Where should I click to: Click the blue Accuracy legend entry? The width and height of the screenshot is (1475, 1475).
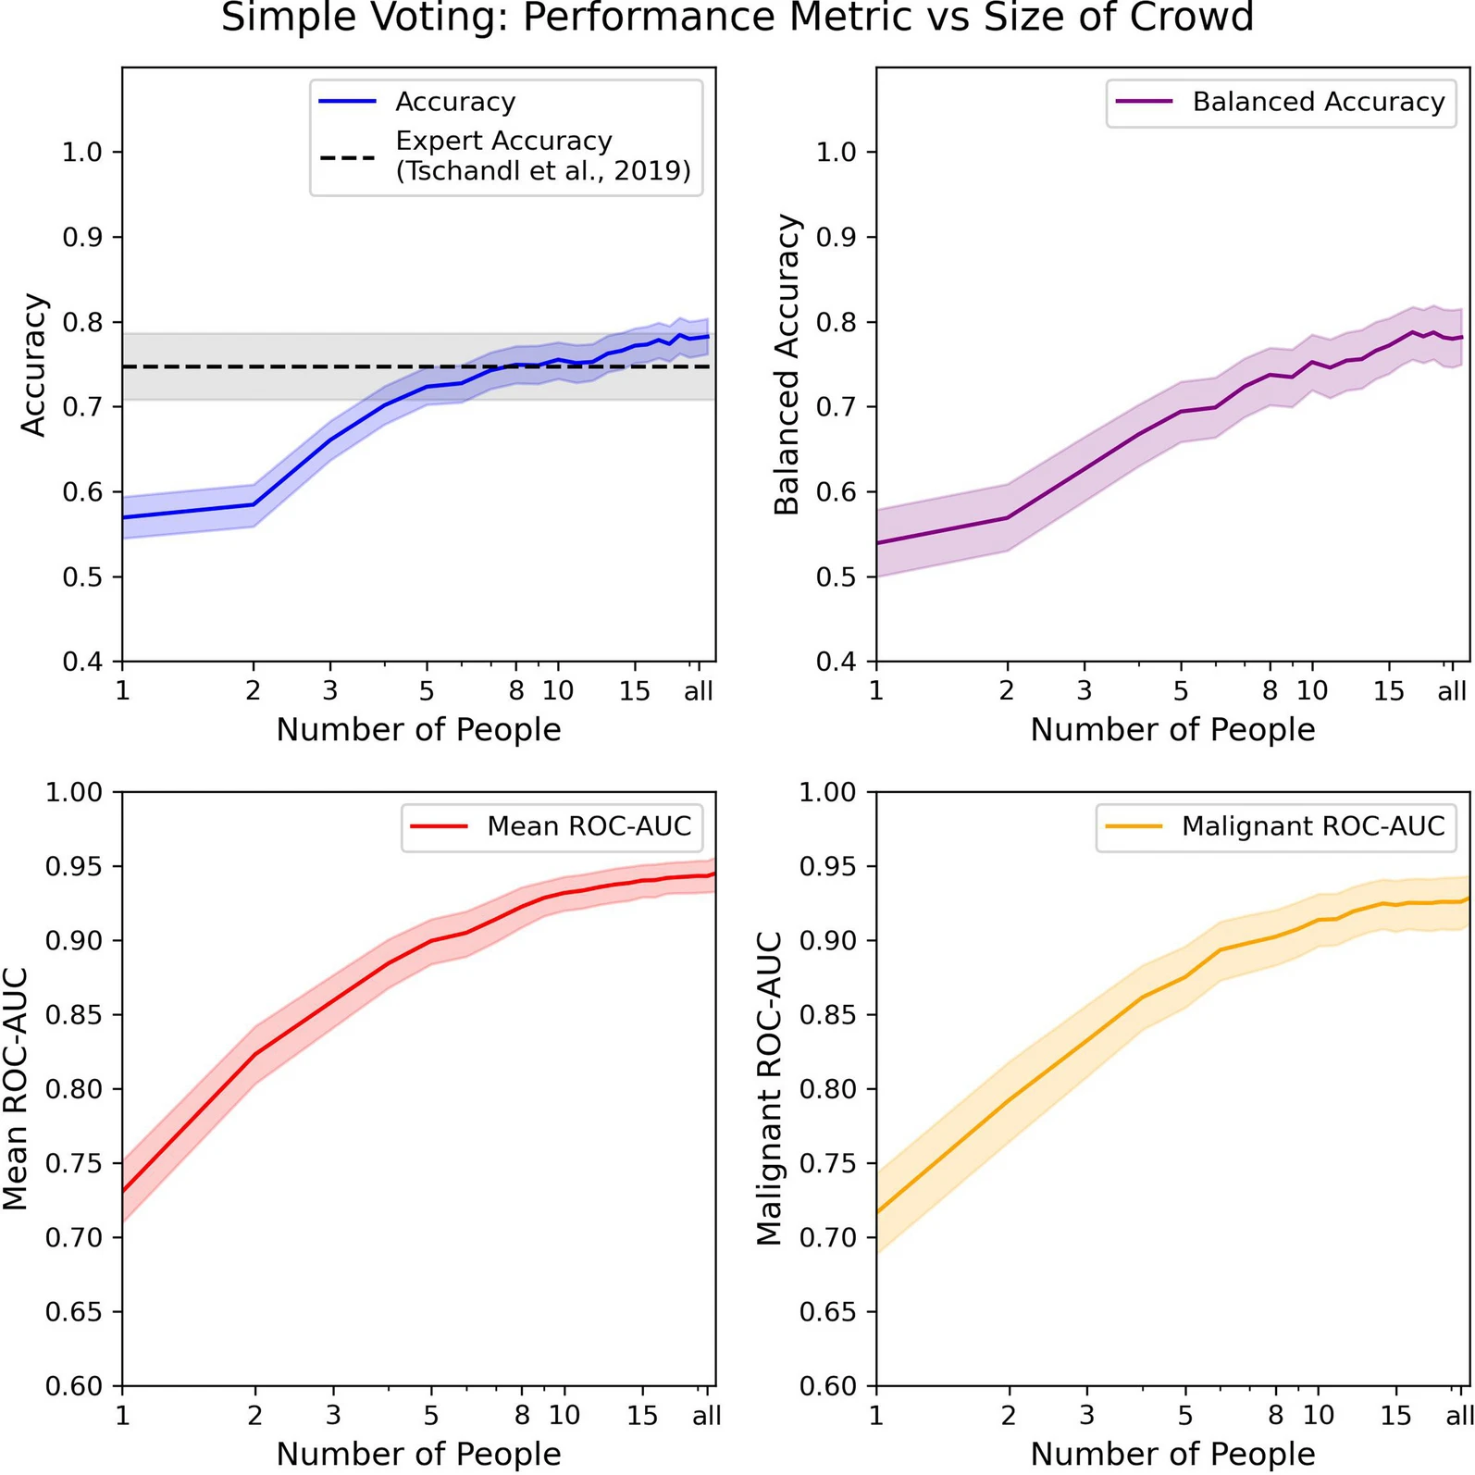pos(454,102)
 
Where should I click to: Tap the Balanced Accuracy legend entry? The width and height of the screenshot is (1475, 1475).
pos(1318,102)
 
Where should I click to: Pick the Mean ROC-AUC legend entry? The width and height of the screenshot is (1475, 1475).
pos(589,826)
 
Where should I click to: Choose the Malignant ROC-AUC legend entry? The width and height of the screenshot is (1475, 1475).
pos(1312,826)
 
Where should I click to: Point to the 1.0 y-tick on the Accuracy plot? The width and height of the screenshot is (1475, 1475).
pos(81,153)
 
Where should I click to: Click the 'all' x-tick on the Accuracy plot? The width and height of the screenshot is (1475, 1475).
pos(699,691)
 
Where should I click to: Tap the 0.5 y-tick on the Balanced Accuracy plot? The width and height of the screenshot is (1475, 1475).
pos(836,577)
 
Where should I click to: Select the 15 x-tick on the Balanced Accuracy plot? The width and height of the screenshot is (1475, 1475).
pos(1388,691)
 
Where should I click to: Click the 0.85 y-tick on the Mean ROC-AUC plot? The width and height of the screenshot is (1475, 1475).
pos(73,1015)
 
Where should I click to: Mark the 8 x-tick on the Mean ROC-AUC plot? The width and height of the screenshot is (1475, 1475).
pos(522,1416)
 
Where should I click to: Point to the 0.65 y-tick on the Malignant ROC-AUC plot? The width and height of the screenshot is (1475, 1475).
pos(827,1312)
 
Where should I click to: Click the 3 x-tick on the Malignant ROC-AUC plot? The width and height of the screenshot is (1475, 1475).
pos(1086,1416)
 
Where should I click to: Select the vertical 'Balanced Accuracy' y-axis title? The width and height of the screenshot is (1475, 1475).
pos(787,365)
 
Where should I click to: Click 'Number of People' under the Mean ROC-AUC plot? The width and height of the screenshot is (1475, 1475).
pos(418,1454)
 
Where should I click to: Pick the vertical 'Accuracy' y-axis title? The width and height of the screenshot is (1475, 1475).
pos(33,365)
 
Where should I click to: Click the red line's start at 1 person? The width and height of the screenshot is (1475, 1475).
pos(123,1191)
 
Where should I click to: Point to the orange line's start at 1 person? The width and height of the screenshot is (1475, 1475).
pos(877,1211)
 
